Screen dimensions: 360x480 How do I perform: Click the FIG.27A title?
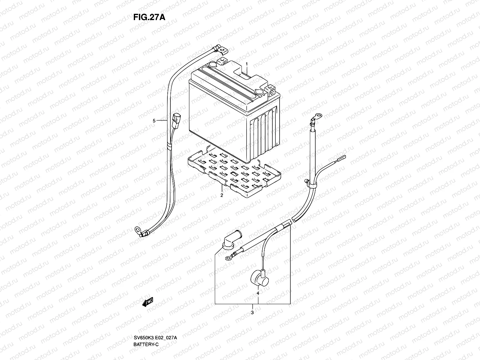[149, 17]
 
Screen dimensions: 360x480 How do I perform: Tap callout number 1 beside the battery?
[247, 64]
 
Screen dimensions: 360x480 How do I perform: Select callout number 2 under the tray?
[222, 195]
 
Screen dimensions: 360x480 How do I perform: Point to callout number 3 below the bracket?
[252, 313]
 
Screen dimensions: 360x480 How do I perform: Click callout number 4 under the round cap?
[258, 293]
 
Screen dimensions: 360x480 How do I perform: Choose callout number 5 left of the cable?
[154, 121]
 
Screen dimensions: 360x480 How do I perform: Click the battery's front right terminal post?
[271, 90]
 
